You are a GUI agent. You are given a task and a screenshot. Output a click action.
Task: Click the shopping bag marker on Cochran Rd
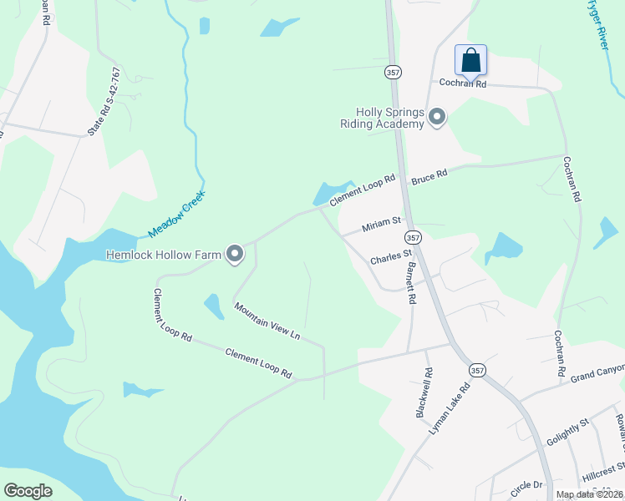[x=471, y=60]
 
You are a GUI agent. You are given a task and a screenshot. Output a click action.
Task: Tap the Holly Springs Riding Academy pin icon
[x=436, y=119]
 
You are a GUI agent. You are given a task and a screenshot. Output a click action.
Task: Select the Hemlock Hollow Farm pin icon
[x=235, y=254]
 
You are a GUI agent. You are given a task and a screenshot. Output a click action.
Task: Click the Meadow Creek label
[x=176, y=215]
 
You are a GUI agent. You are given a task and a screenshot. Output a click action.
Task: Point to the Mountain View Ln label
[x=267, y=322]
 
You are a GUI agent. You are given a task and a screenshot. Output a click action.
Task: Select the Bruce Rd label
[x=429, y=176]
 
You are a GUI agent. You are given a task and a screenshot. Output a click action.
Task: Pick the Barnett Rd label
[x=410, y=283]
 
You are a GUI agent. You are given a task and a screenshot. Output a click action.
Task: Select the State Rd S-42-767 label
[x=104, y=113]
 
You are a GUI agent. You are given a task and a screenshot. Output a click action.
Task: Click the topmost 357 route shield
[x=393, y=73]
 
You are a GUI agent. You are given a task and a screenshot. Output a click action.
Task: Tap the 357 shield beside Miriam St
[x=415, y=237]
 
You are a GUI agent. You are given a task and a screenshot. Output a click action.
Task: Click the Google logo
[x=28, y=491]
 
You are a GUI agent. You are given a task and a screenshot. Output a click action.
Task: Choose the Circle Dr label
[x=527, y=484]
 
